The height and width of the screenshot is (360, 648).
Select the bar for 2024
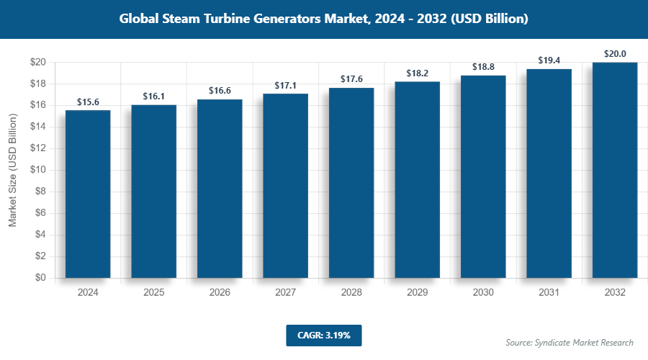(x=88, y=194)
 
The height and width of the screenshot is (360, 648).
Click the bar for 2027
(x=286, y=186)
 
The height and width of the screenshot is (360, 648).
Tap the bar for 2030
(x=483, y=176)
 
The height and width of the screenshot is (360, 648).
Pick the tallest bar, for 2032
(x=615, y=170)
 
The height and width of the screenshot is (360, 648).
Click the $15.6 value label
(x=88, y=102)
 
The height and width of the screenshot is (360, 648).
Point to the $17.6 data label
(x=351, y=80)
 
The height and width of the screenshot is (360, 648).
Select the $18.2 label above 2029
(x=418, y=73)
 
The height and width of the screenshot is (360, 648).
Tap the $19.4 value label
(x=549, y=60)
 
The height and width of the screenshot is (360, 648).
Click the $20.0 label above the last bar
(x=615, y=54)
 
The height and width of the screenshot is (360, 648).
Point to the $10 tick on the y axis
(x=38, y=170)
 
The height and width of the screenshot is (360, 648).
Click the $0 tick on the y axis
(x=41, y=278)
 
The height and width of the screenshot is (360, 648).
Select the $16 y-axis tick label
(x=38, y=105)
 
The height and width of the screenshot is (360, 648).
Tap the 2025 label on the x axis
(x=154, y=293)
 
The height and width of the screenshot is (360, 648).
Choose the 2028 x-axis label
(x=351, y=293)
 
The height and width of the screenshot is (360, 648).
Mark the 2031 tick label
(x=549, y=293)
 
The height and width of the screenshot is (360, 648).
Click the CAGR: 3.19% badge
(x=323, y=336)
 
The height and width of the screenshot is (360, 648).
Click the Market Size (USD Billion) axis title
(x=12, y=170)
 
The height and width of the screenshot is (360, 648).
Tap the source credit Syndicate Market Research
(x=570, y=343)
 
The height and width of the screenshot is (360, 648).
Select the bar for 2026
(x=220, y=188)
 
